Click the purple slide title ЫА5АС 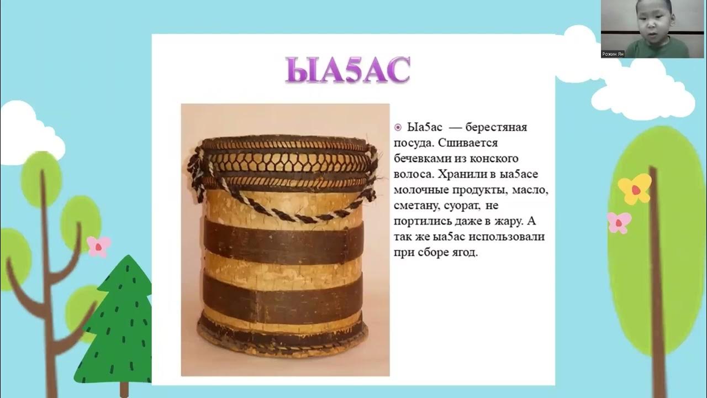click(x=347, y=70)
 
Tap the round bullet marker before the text click(x=398, y=128)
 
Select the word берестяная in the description click(x=495, y=128)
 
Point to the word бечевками click(x=420, y=159)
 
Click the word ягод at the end click(x=461, y=253)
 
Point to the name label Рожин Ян click(x=613, y=54)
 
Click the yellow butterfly click(x=635, y=188)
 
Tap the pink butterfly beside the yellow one click(x=619, y=222)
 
